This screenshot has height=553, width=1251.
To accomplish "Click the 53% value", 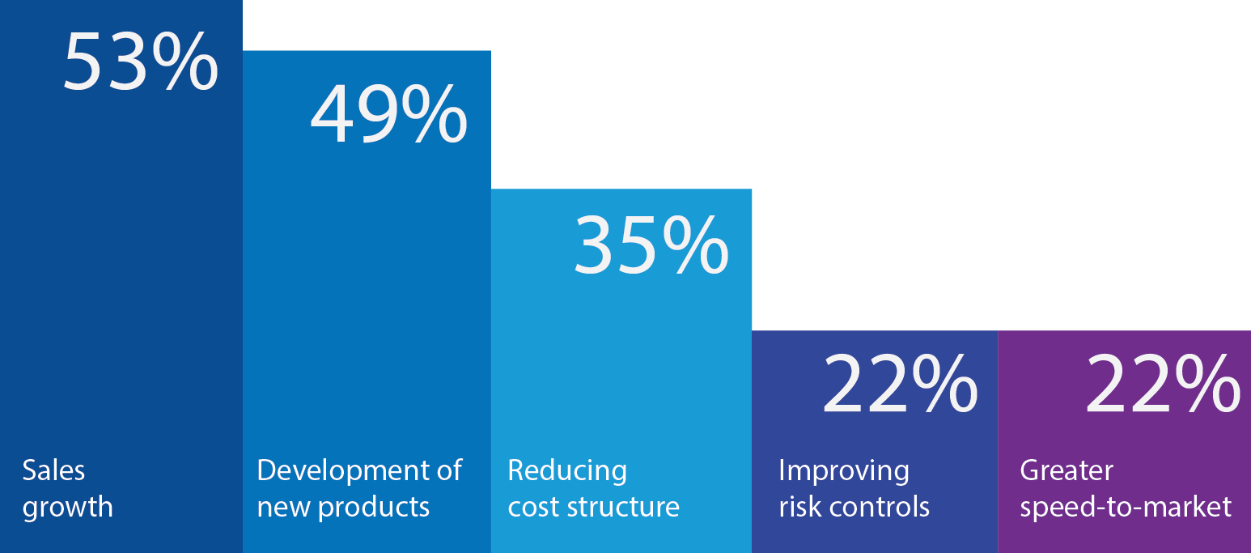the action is pyautogui.click(x=140, y=62).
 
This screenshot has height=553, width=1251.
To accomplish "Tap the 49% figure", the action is pyautogui.click(x=388, y=114).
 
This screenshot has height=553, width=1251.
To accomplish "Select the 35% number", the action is pyautogui.click(x=651, y=246).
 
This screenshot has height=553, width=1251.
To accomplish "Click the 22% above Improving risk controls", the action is pyautogui.click(x=901, y=384).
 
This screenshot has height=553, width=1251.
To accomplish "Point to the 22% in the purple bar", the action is pyautogui.click(x=1162, y=384).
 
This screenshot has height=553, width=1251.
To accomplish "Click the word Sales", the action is pyautogui.click(x=53, y=470).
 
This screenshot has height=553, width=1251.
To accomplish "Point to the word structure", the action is pyautogui.click(x=623, y=507).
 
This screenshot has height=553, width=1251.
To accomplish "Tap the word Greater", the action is pyautogui.click(x=1067, y=470).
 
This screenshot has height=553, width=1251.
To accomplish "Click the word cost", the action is pyautogui.click(x=532, y=508).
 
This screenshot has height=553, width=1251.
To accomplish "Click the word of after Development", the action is pyautogui.click(x=450, y=470).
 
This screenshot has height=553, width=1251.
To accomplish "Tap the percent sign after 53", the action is pyautogui.click(x=184, y=62).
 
